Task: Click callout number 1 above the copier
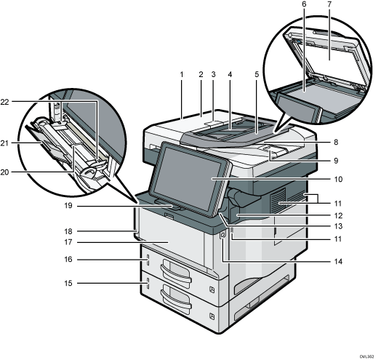pyautogui.click(x=180, y=75)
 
